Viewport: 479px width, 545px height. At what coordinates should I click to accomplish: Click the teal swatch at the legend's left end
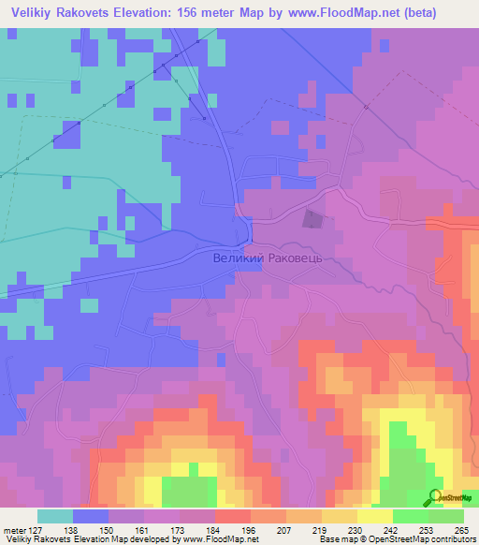tap(54, 515)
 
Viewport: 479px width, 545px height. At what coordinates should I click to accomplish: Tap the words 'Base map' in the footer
tap(335, 539)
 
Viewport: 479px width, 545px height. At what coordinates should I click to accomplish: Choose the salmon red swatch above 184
tap(232, 515)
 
